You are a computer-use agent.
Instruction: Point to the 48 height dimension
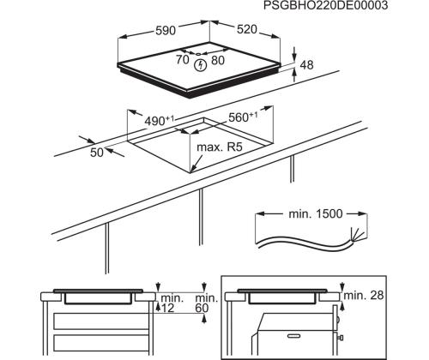coord(306,64)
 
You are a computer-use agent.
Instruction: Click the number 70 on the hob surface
coord(183,61)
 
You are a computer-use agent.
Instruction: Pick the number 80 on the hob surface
coord(218,61)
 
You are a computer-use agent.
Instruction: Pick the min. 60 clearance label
coord(203,303)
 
